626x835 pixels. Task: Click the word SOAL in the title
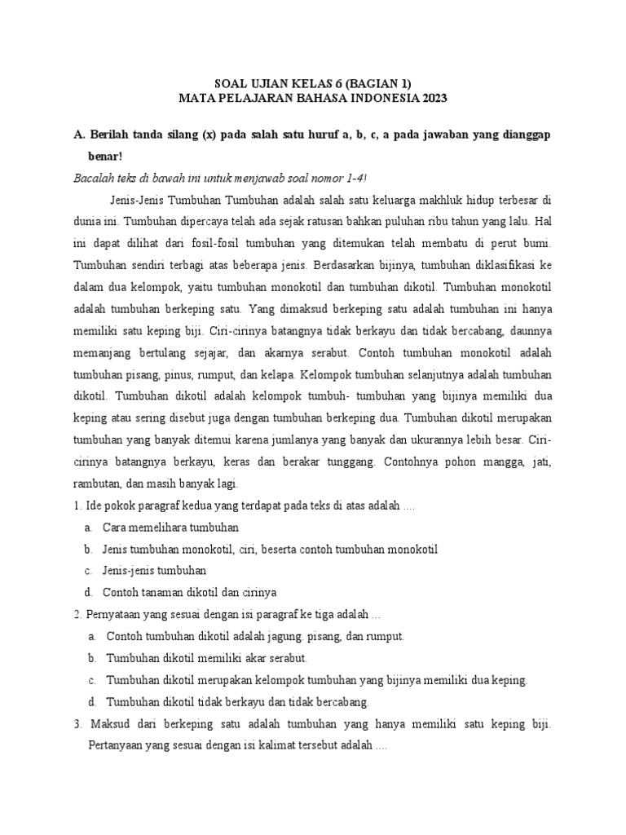tap(229, 83)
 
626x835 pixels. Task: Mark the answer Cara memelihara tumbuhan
tap(170, 528)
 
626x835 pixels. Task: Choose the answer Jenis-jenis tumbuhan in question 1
tap(154, 570)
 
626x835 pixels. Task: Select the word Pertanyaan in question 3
tap(117, 745)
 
